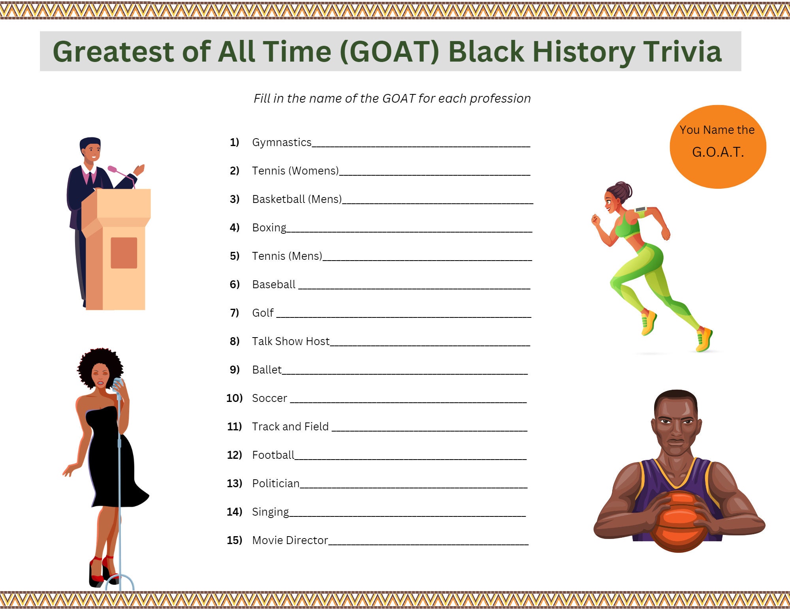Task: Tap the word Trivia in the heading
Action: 683,52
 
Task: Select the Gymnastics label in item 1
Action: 282,143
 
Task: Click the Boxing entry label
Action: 269,228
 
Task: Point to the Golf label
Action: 263,313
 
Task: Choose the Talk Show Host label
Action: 291,341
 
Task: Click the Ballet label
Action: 267,370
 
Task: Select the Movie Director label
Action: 290,540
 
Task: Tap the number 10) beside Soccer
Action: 234,398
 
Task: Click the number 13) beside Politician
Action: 234,483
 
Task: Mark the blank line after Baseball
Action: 414,289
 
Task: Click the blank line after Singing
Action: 407,516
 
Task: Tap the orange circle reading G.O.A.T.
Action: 718,146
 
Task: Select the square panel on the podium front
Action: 124,253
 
